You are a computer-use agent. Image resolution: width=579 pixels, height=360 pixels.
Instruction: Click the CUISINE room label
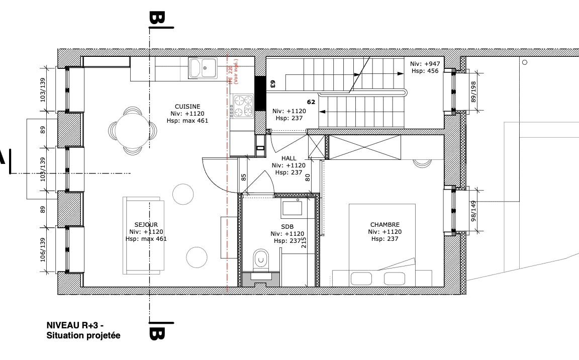tap(187, 107)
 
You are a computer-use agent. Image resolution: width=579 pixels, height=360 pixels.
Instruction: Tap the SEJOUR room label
tap(146, 224)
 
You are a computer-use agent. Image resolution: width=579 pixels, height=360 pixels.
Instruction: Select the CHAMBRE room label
tap(384, 225)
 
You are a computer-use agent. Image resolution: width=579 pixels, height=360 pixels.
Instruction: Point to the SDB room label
tap(287, 227)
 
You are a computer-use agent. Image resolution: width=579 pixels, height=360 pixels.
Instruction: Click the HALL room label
tap(288, 158)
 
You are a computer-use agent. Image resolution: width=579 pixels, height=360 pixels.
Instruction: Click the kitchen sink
tap(203, 68)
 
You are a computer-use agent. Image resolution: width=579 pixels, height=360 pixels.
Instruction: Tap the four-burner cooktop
tap(243, 106)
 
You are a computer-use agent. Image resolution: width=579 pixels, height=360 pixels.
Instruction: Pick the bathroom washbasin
tap(291, 208)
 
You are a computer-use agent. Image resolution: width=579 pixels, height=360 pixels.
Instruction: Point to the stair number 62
tap(311, 102)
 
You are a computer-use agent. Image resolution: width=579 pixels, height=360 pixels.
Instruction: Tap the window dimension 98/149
tap(473, 211)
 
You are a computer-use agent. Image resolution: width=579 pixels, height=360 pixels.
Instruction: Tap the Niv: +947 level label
tap(424, 64)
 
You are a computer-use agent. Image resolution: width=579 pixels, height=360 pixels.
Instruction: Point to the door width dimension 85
tap(243, 177)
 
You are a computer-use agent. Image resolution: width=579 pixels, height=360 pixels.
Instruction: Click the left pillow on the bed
tap(361, 279)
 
